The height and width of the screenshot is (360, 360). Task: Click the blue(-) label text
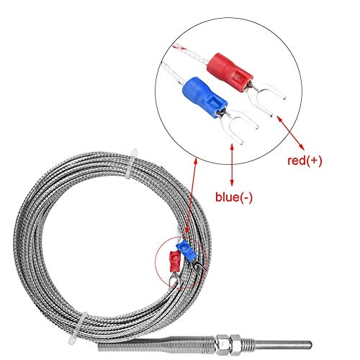coord(234,194)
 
